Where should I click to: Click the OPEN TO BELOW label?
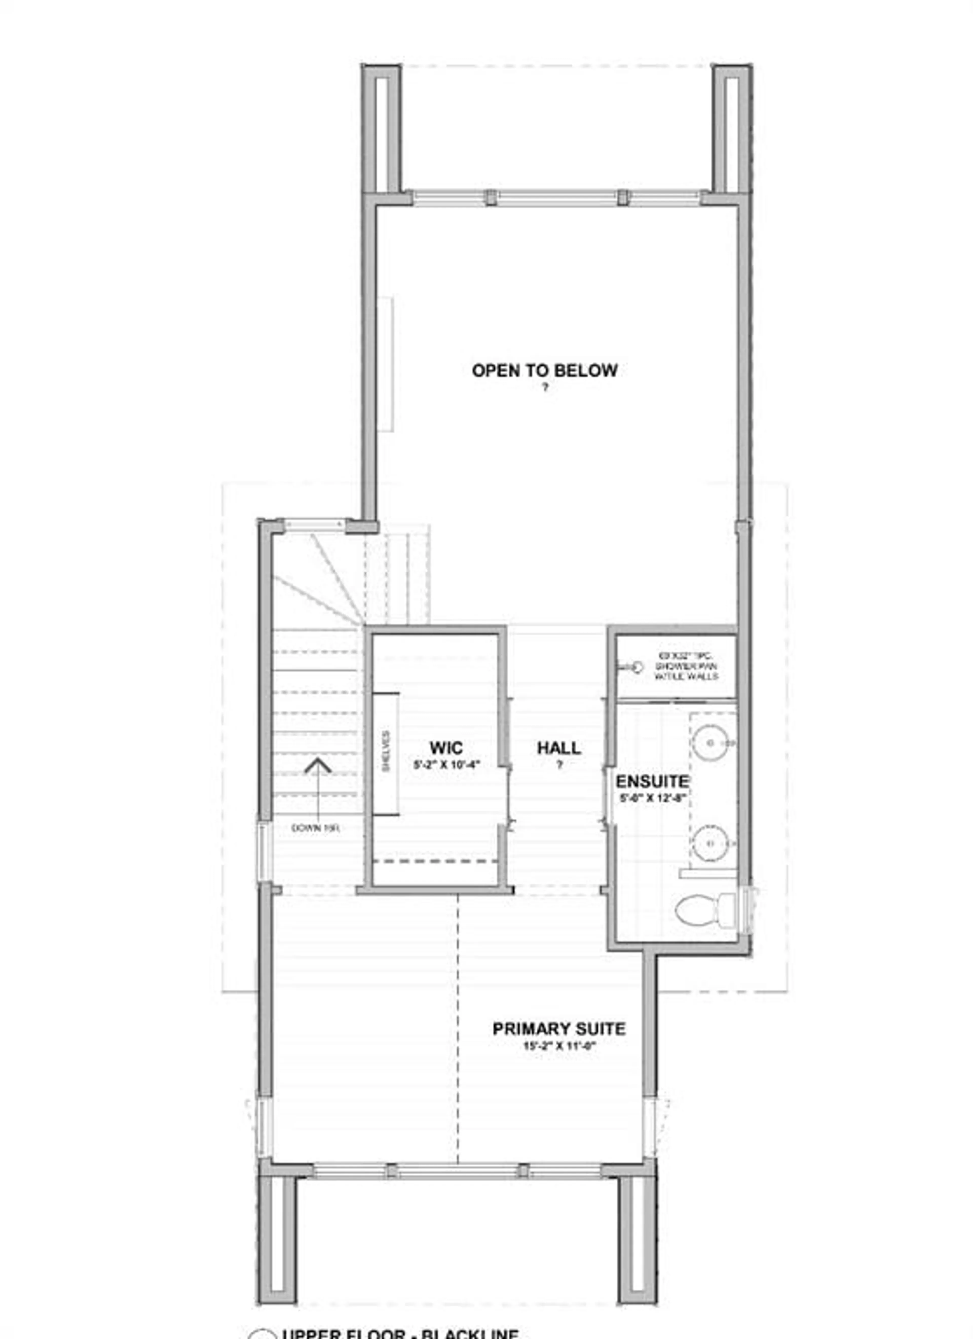[544, 371]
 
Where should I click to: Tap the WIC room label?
[446, 748]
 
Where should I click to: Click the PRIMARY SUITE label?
[558, 1029]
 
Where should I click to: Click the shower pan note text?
[686, 666]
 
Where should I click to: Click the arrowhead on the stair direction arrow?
[318, 766]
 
